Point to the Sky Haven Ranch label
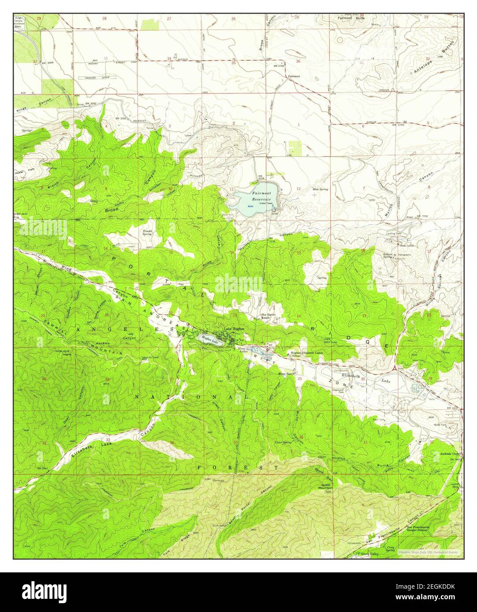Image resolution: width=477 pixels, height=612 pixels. click(x=268, y=317)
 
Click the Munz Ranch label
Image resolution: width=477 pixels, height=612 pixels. click(x=286, y=373)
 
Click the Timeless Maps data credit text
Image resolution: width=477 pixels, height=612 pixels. click(x=427, y=552)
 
